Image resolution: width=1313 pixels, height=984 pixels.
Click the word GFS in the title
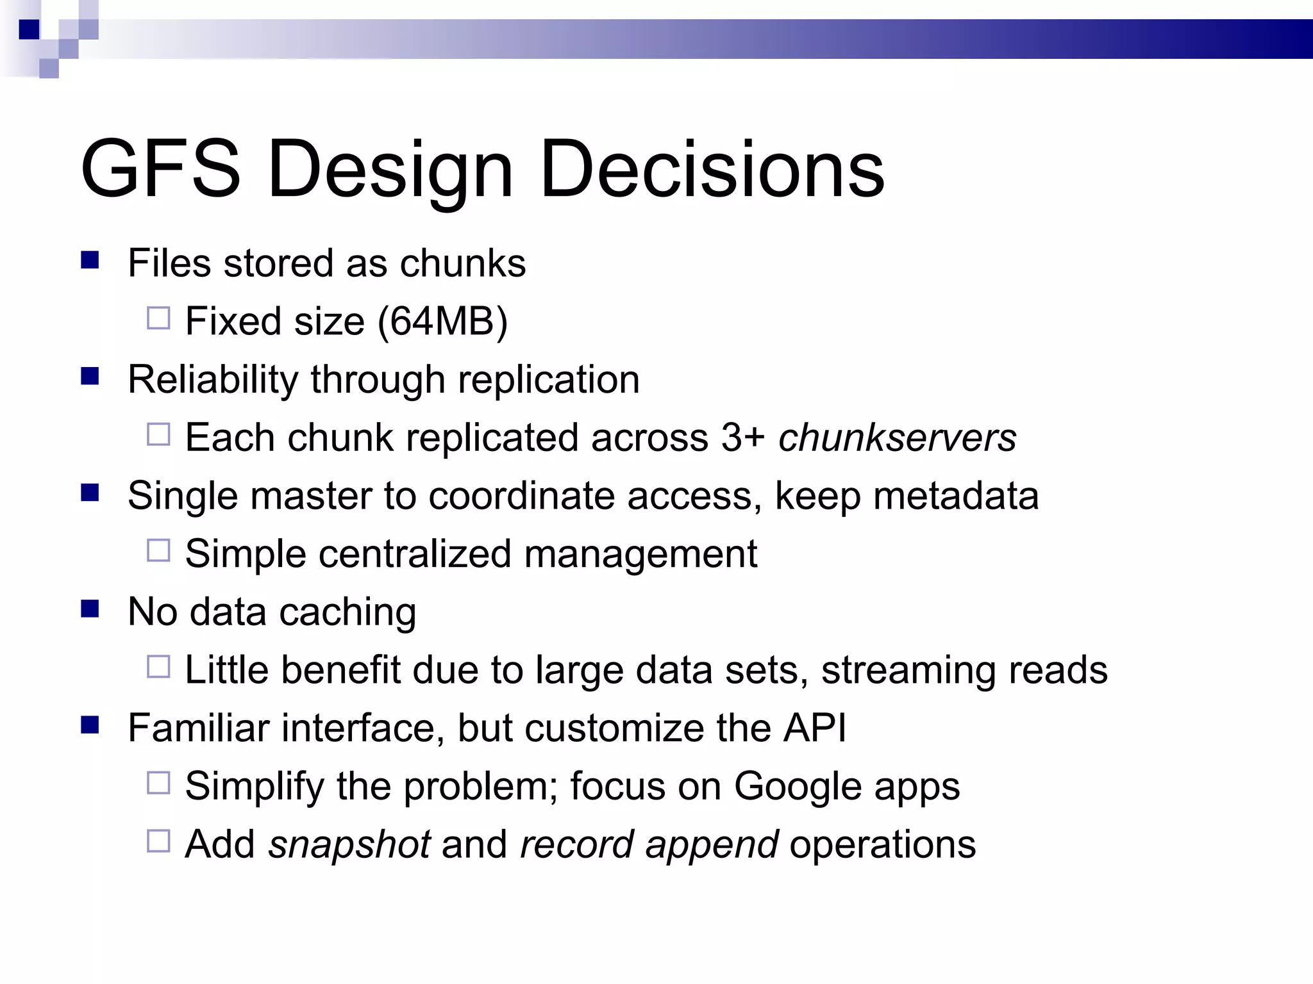[160, 169]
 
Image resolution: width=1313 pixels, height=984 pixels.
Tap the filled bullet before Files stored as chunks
[90, 260]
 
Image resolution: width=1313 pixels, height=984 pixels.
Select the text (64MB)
[442, 321]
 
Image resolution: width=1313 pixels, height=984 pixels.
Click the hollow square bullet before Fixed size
[158, 318]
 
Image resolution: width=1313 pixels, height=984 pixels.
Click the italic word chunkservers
[897, 438]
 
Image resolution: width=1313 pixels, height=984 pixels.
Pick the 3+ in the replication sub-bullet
[742, 438]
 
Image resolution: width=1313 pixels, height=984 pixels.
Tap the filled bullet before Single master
[90, 493]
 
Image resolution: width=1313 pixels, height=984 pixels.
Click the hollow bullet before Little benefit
[158, 667]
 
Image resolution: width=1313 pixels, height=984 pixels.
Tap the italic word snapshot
[349, 844]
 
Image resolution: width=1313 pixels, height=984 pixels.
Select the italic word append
[712, 844]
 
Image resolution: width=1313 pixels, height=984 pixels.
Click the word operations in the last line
[882, 844]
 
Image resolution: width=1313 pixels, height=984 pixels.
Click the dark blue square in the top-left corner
[29, 29]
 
